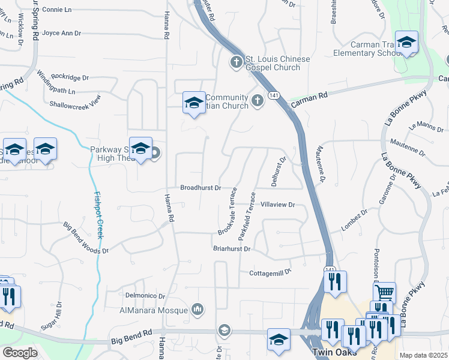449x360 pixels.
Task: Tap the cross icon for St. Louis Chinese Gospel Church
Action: click(237, 62)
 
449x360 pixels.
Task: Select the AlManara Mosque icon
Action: click(197, 310)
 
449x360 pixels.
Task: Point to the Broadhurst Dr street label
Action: click(201, 188)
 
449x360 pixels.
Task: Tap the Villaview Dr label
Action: click(277, 205)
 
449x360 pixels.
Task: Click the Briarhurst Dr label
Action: click(231, 248)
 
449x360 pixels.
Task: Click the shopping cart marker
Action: click(384, 293)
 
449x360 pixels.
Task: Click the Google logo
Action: click(20, 353)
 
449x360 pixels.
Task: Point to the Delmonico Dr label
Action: click(145, 296)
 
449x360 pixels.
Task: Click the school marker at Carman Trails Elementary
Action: click(406, 43)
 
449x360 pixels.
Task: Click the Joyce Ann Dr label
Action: click(62, 34)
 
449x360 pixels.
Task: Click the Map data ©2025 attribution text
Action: click(423, 355)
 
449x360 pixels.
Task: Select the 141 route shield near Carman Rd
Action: click(273, 95)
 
